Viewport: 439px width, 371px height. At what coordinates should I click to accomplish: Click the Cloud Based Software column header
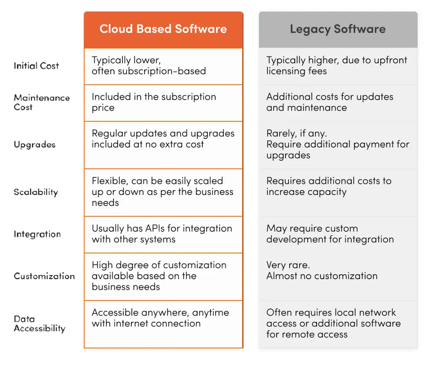163,29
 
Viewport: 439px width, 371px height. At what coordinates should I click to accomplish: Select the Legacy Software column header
338,29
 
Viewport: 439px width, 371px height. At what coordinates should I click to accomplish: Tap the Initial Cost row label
36,66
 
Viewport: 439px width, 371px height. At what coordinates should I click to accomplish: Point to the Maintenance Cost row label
42,103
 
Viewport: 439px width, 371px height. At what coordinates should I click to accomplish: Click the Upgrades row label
35,144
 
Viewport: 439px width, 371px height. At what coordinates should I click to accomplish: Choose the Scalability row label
36,192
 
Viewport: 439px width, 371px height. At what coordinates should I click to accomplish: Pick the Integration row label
37,234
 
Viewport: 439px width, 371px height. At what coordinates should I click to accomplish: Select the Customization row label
44,276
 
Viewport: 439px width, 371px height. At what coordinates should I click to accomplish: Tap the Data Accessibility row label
39,324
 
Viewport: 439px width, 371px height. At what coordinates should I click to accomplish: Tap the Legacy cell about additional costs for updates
338,103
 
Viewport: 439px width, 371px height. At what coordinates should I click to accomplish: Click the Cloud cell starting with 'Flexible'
163,192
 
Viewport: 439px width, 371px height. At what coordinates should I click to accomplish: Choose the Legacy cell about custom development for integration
338,234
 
